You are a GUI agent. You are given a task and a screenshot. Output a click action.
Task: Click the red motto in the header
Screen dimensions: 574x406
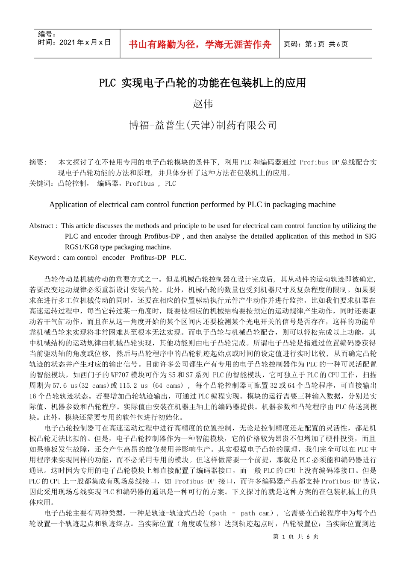point(200,44)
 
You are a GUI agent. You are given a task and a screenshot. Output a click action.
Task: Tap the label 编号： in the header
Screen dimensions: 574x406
point(47,34)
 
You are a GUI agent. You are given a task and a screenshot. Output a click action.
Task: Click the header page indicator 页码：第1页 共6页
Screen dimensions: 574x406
point(316,44)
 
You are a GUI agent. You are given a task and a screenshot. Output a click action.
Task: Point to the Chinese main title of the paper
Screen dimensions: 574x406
point(203,83)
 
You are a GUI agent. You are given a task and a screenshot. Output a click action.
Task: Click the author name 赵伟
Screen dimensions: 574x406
point(203,104)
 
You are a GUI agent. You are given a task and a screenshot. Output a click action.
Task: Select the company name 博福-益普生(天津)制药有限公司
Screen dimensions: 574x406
point(203,125)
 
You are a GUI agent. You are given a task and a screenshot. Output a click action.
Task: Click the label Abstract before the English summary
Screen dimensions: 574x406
point(42,226)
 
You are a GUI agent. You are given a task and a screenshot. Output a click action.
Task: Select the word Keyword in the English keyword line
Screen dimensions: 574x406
point(43,258)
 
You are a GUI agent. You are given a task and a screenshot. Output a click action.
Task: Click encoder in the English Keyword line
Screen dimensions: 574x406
point(114,258)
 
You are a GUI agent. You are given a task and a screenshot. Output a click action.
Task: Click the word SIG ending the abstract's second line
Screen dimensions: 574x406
point(370,237)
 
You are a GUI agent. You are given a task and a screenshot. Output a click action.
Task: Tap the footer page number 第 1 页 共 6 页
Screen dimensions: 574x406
point(295,536)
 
